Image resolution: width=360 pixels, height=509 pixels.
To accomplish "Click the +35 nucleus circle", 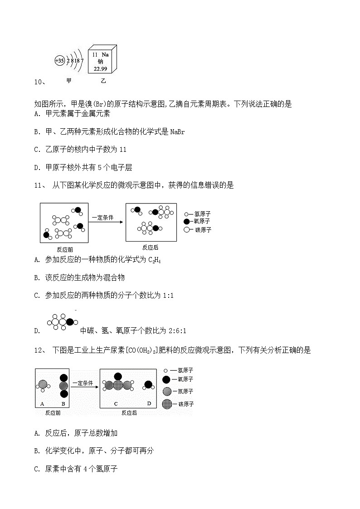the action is coord(59,61).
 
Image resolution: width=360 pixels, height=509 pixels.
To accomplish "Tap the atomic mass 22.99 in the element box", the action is coord(100,68).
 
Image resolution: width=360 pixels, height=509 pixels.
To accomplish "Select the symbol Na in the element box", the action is coord(105,54).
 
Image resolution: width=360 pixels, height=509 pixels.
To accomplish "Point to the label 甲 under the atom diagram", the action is coord(69,81).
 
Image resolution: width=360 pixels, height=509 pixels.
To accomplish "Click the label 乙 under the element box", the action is coord(103,81).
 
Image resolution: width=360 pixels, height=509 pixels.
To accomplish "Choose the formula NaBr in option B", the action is coord(177,132).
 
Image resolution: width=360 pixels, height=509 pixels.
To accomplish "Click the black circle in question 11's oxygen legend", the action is coord(186,221).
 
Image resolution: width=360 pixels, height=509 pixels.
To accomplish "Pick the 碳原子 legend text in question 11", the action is coord(203,230).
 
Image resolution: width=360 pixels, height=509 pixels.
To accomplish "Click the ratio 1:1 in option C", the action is coord(168,296).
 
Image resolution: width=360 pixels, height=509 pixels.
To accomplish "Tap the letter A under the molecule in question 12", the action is coord(42,403).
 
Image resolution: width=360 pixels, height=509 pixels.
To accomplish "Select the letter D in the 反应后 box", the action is coord(149,403).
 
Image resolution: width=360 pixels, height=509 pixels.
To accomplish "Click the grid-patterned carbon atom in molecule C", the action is coord(118,385).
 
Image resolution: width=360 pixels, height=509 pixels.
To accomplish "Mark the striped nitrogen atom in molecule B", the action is coord(63,386).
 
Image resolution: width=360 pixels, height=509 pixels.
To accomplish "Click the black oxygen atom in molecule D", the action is coord(148,385).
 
